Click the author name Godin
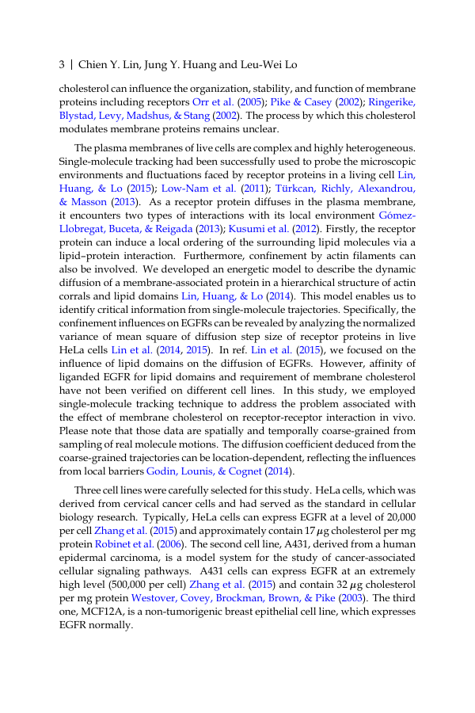point(160,471)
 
